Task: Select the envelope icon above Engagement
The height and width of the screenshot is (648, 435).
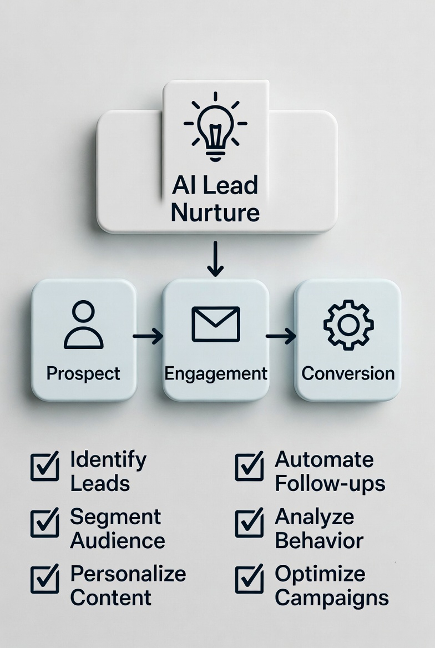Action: point(216,324)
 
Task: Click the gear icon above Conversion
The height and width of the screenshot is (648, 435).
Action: point(348,325)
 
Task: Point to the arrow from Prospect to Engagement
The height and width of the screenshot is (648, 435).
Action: point(148,335)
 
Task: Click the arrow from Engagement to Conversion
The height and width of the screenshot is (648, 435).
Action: point(281,335)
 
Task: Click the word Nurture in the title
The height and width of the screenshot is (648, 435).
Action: point(215,212)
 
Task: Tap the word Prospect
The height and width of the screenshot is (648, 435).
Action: point(83,373)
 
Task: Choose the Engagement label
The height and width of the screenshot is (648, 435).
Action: point(216,373)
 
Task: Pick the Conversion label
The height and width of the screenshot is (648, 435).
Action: point(348,373)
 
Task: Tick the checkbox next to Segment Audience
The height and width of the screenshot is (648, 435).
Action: point(44,523)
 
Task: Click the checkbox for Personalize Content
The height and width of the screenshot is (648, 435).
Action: point(44,580)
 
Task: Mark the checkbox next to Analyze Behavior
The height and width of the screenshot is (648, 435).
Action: point(249,523)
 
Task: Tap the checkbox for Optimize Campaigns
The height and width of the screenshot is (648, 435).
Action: point(249,580)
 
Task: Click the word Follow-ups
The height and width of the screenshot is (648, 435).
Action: point(330,483)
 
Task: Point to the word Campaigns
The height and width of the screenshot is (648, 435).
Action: point(332,598)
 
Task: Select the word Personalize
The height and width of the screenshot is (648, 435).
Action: point(128,574)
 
